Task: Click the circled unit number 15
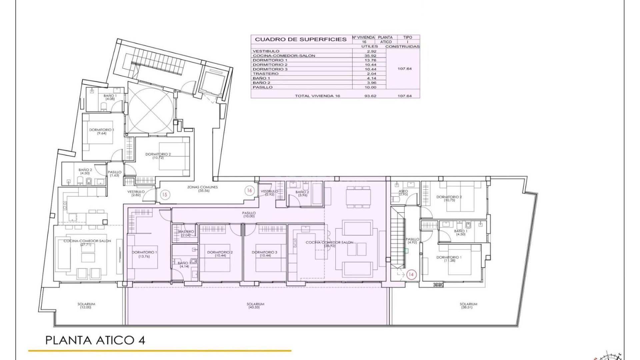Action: pyautogui.click(x=164, y=195)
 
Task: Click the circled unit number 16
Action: pyautogui.click(x=249, y=190)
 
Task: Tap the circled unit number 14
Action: pyautogui.click(x=411, y=274)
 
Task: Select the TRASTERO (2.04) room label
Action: pyautogui.click(x=186, y=233)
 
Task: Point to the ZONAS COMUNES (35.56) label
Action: pyautogui.click(x=202, y=189)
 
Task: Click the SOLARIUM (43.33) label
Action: pyautogui.click(x=255, y=305)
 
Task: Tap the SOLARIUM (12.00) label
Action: pyautogui.click(x=86, y=305)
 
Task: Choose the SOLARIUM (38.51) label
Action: pyautogui.click(x=468, y=305)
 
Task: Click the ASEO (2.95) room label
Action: pyautogui.click(x=403, y=193)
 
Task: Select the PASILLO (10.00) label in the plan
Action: pyautogui.click(x=249, y=214)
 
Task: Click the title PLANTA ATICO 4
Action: pyautogui.click(x=95, y=340)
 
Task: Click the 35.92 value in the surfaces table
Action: pyautogui.click(x=370, y=56)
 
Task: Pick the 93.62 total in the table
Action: pyautogui.click(x=370, y=96)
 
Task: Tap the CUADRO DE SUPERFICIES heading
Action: pyautogui.click(x=301, y=39)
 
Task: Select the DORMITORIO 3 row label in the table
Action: pyautogui.click(x=270, y=69)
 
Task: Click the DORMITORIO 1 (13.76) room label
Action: pyautogui.click(x=144, y=254)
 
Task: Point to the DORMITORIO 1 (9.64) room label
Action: pyautogui.click(x=101, y=131)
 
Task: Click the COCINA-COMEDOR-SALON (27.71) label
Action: pyautogui.click(x=87, y=242)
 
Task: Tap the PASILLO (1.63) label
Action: pyautogui.click(x=114, y=174)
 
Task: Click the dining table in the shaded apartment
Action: pyautogui.click(x=358, y=197)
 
